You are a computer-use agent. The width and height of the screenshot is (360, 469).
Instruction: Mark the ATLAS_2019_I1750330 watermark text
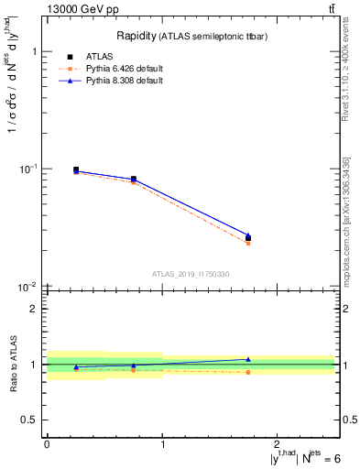click(x=191, y=274)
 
